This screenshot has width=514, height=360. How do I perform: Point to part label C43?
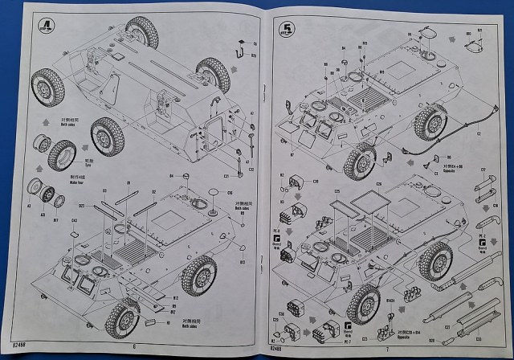[75, 219]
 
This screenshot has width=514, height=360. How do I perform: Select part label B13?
[243, 261]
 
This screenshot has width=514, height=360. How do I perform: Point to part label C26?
[379, 183]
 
